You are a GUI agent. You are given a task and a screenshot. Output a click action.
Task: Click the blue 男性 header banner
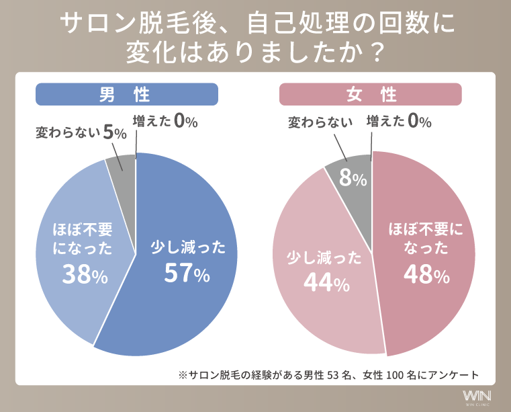[126, 94]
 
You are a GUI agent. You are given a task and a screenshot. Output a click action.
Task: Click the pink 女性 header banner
[371, 94]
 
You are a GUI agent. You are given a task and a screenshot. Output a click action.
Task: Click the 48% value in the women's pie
[426, 273]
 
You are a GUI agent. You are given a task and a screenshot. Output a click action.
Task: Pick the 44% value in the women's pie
[326, 283]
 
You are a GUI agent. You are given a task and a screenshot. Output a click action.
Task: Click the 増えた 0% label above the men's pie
[165, 122]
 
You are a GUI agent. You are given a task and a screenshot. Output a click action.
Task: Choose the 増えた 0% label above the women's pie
[399, 122]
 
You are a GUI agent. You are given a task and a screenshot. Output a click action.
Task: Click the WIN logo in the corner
[477, 396]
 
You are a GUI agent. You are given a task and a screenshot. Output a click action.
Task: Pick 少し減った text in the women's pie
[324, 258]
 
